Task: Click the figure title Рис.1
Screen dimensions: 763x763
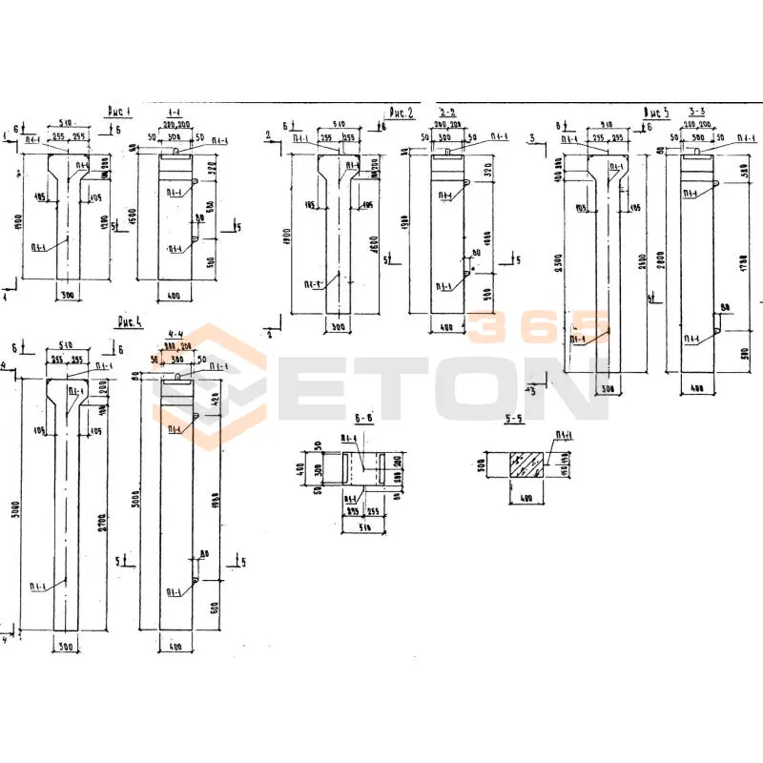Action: tap(119, 111)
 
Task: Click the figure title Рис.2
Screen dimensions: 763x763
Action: tap(401, 113)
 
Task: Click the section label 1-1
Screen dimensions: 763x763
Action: tap(178, 111)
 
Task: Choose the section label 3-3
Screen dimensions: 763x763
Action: tap(699, 112)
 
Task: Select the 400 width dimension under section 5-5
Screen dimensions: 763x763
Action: tap(525, 498)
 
